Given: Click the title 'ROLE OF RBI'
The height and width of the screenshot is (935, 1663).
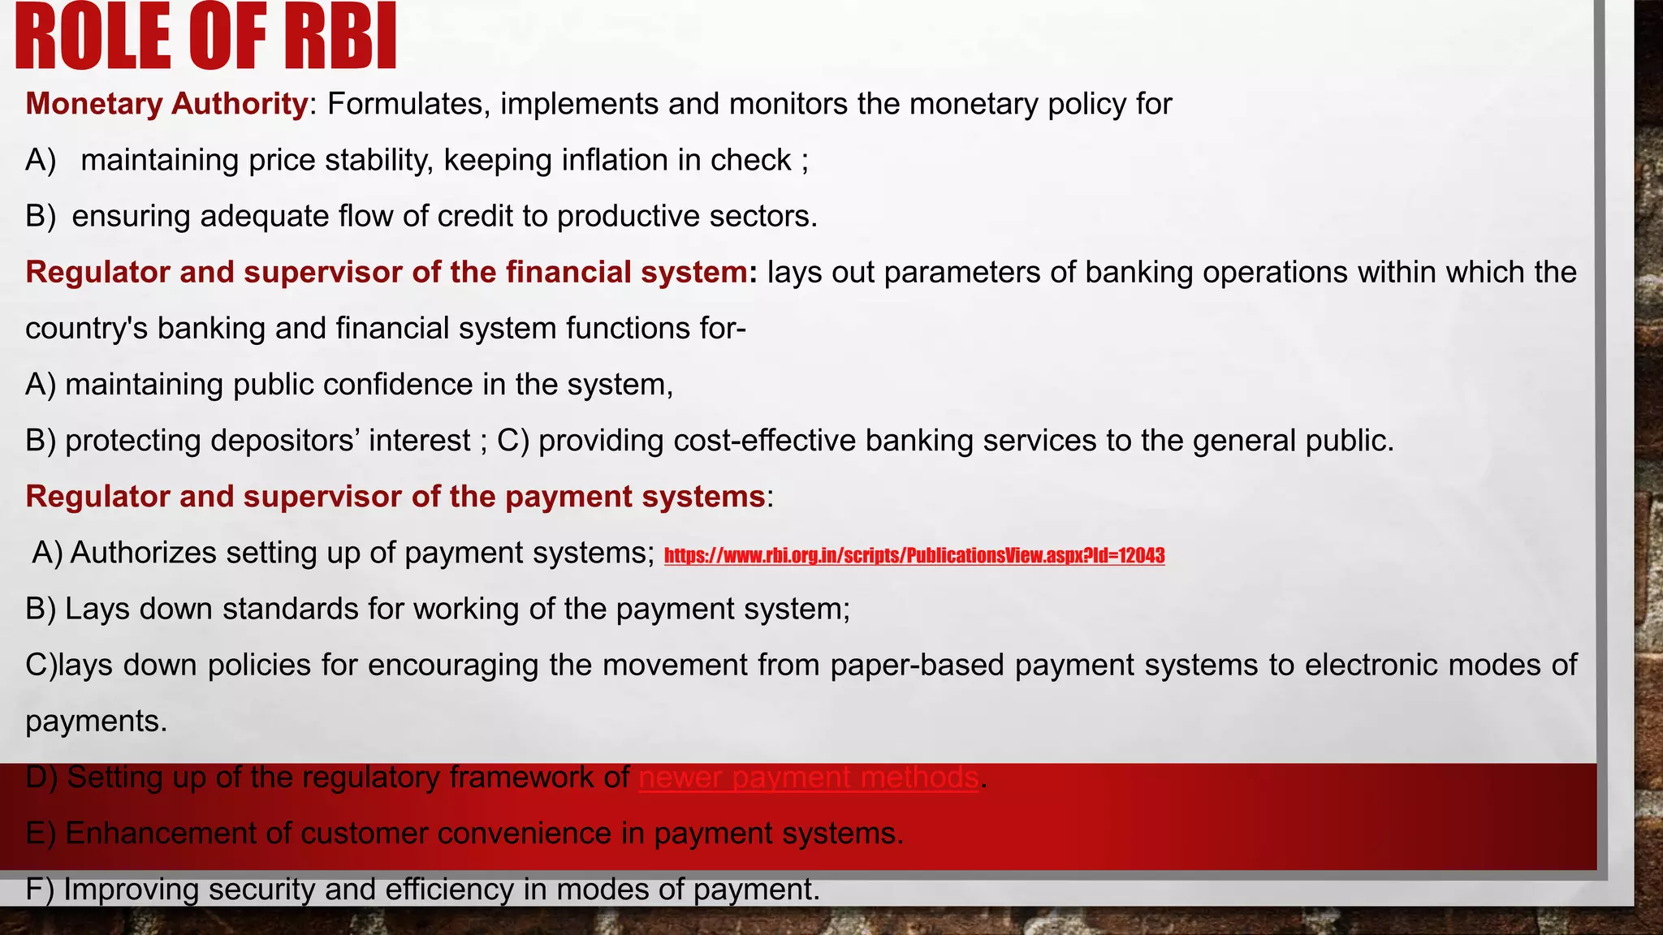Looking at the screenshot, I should (x=205, y=37).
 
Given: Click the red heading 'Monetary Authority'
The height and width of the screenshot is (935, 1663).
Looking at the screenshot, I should (x=166, y=104).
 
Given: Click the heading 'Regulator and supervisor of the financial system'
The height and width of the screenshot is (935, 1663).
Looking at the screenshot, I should (x=386, y=272).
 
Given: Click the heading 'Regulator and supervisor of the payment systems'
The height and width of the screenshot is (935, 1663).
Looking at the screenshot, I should (x=395, y=497).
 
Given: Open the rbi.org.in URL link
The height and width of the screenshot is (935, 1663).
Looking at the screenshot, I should (x=914, y=556).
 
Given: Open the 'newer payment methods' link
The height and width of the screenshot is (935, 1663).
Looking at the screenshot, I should (x=808, y=778).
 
